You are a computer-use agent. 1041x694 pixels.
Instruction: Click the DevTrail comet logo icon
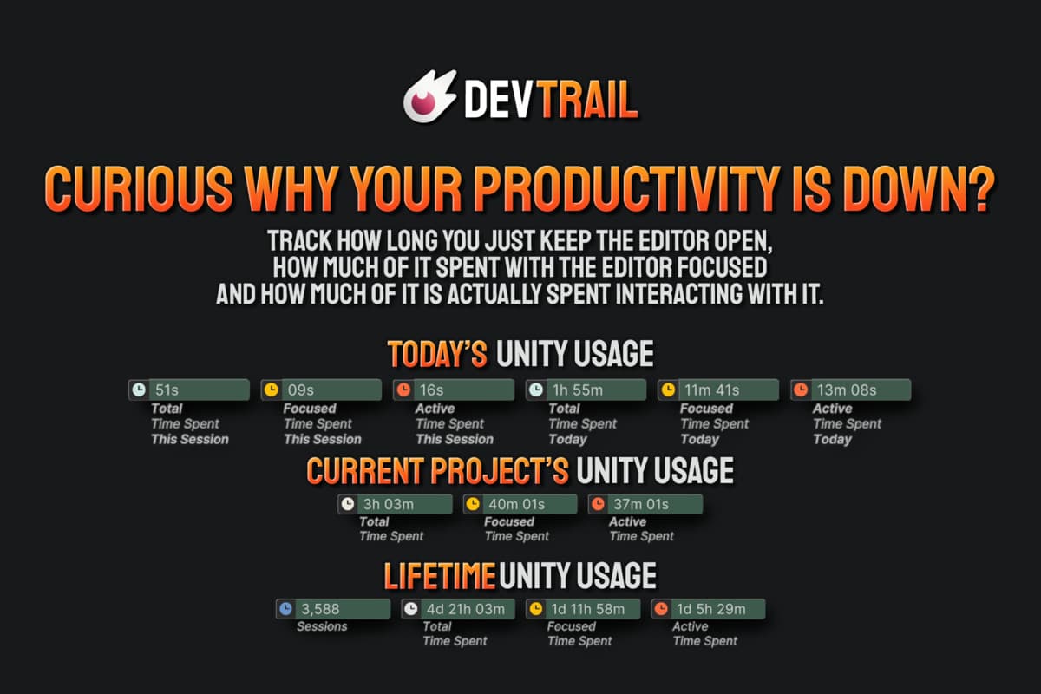(x=429, y=96)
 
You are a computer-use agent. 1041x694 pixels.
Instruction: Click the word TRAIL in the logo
(x=589, y=100)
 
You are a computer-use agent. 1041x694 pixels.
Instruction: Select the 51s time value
(x=167, y=390)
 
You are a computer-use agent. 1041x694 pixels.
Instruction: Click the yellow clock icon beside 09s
(x=272, y=390)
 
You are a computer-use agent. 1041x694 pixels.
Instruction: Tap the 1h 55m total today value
(x=578, y=390)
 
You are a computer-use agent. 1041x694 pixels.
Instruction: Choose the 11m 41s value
(x=711, y=390)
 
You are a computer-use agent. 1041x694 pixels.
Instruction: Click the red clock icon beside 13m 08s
(x=801, y=390)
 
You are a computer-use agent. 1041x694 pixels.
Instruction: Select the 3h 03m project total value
(x=389, y=504)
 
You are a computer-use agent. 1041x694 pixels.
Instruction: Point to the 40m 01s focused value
(x=516, y=504)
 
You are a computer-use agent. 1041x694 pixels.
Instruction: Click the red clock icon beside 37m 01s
(x=598, y=504)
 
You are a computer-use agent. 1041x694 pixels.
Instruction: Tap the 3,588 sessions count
(x=320, y=609)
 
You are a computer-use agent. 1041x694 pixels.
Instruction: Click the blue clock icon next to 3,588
(x=285, y=608)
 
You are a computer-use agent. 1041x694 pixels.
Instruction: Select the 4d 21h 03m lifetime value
(x=466, y=609)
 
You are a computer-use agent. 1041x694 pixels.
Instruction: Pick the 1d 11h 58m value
(x=588, y=609)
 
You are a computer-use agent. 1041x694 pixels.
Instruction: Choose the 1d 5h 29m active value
(x=711, y=609)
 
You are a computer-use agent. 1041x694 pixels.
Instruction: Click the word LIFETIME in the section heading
(x=440, y=576)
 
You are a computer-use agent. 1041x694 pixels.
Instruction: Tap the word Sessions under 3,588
(x=322, y=626)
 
